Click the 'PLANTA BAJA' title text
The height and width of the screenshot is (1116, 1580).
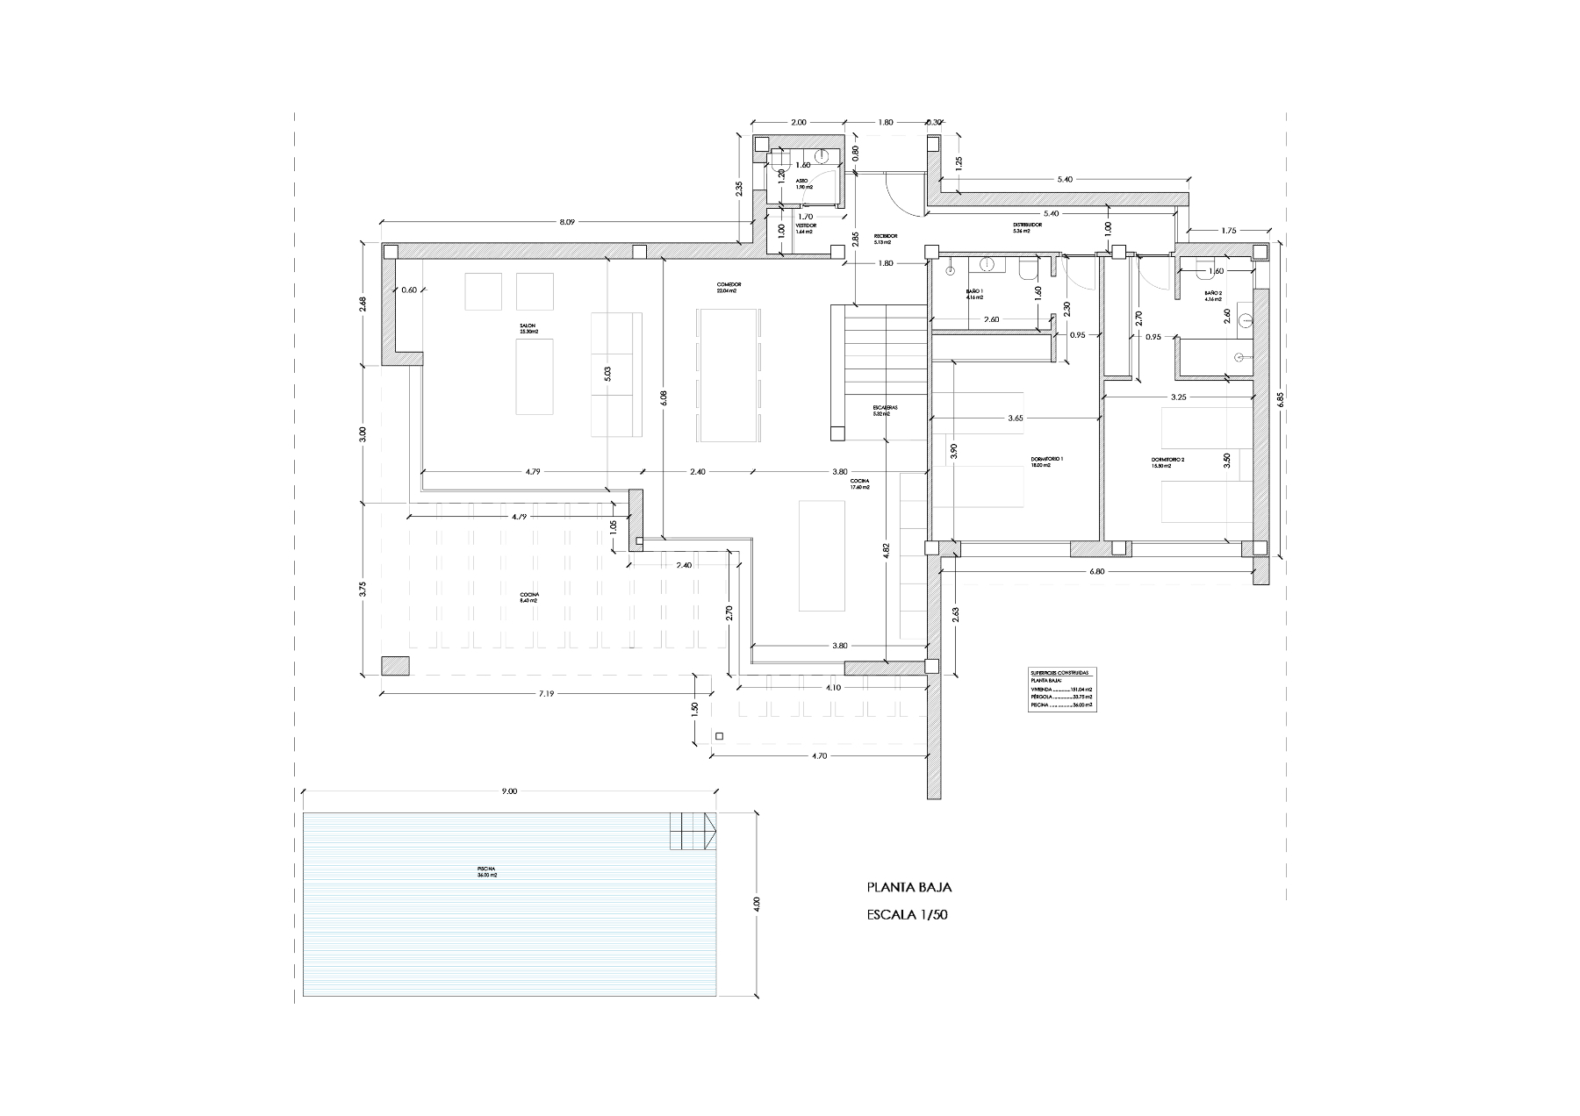coord(908,887)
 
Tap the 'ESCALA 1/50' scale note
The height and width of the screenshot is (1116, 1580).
coord(908,915)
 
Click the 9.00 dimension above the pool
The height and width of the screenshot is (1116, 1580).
coord(509,791)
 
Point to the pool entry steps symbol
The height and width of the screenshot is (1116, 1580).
coord(693,830)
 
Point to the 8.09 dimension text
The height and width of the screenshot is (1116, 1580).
coord(567,223)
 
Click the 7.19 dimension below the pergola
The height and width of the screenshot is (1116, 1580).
coord(544,693)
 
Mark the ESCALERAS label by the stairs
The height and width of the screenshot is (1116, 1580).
coord(884,410)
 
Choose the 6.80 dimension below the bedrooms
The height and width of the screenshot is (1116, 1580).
coord(1095,571)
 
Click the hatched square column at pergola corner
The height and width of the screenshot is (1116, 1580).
coord(395,665)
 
